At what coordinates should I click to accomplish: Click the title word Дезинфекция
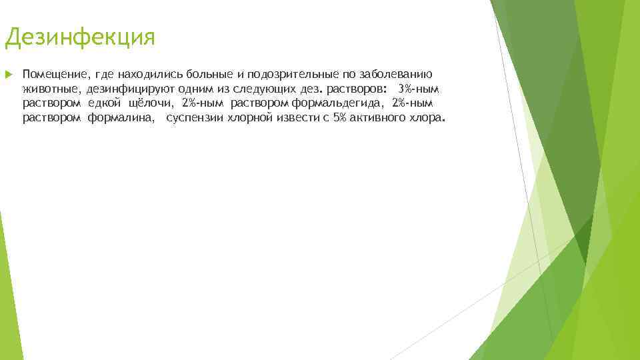point(79,37)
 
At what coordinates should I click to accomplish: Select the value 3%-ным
point(418,89)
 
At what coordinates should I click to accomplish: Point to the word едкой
point(105,103)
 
